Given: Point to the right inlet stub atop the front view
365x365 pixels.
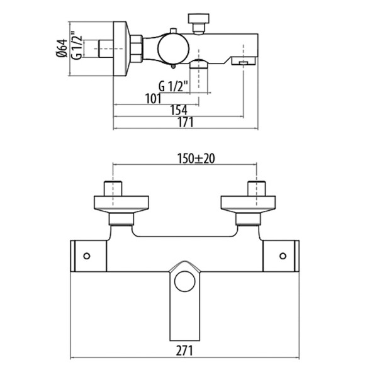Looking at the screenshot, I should (x=257, y=188).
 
